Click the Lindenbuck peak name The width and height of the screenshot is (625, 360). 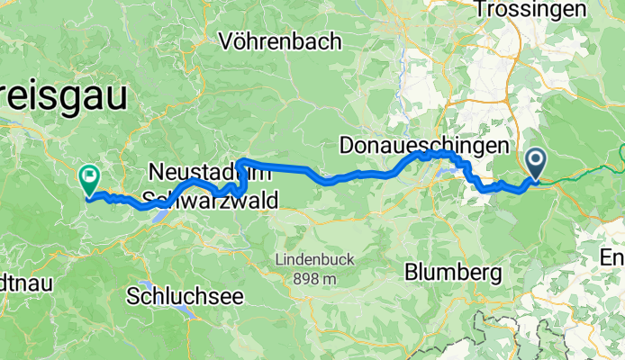pos(315,260)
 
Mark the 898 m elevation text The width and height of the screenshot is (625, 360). pos(314,278)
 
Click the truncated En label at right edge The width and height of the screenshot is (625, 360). pos(612,258)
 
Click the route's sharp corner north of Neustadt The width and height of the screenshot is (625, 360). pos(240,161)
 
